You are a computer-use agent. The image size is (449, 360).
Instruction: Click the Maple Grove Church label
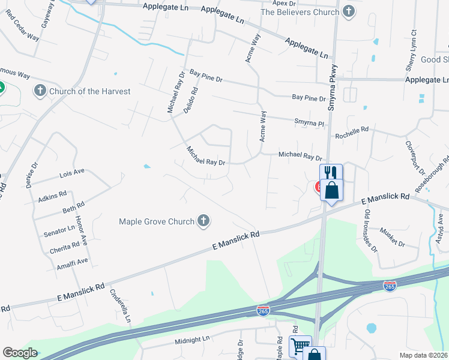click(157, 221)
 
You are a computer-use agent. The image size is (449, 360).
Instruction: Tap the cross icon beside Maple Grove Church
click(203, 221)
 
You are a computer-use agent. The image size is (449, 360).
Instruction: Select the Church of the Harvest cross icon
click(40, 91)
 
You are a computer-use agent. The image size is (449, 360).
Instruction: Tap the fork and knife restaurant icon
click(330, 172)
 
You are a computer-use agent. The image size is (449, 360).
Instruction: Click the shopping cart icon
click(300, 345)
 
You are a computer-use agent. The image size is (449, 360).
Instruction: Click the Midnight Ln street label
click(192, 339)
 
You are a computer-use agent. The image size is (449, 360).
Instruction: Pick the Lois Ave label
click(72, 173)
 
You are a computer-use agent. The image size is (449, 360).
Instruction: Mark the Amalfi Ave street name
click(72, 262)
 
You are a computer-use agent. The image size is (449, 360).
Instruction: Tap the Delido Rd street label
click(193, 97)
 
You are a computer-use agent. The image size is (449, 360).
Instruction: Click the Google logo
click(20, 353)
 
